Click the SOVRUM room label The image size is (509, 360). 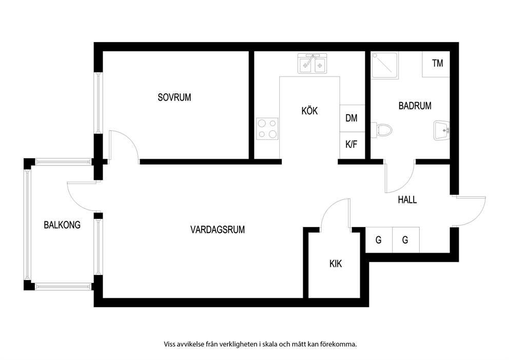point(174,98)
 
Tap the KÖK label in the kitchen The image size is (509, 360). point(310,111)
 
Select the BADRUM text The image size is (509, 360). point(415,106)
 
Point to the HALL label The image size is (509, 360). point(407,200)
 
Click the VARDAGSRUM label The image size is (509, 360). point(218,230)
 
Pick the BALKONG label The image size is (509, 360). point(62,225)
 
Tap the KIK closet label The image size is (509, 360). point(336,264)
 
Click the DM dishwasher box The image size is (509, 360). point(352,118)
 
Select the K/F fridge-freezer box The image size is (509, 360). point(352,145)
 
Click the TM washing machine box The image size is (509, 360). point(436,64)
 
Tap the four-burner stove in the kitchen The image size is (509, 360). point(267,129)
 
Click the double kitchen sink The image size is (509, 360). point(312,63)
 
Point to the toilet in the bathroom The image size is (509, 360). point(381,130)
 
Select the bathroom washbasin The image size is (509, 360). point(442,130)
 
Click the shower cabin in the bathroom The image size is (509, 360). point(385,65)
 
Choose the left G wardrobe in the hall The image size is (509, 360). point(379,240)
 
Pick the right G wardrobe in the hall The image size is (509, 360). point(406,240)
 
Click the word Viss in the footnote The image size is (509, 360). point(170,344)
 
